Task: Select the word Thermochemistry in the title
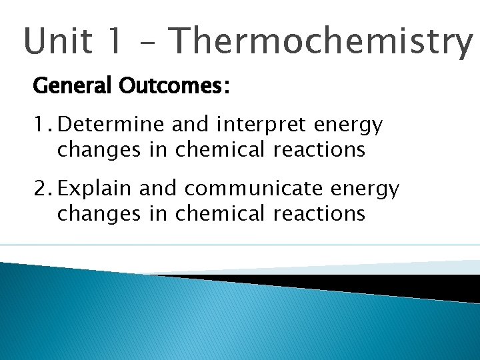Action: [320, 41]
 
